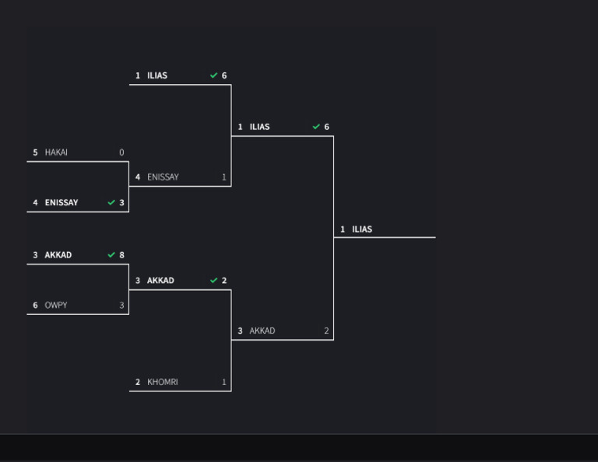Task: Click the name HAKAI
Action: click(56, 152)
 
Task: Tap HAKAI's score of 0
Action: click(121, 152)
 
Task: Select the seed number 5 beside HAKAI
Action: click(35, 152)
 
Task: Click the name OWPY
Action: click(56, 306)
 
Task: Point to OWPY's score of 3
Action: click(121, 306)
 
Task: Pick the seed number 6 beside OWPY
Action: click(35, 306)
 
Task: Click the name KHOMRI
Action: click(162, 382)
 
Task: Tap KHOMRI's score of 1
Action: click(224, 382)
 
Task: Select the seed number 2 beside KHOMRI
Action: click(138, 382)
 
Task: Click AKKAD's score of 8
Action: click(121, 255)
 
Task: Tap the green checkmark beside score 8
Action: click(111, 255)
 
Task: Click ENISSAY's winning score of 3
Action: click(121, 203)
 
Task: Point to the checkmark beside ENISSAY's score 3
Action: click(111, 203)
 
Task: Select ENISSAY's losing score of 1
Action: click(224, 177)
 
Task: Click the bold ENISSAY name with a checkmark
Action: click(62, 203)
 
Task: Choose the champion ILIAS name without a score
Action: click(362, 229)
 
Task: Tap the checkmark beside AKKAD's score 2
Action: click(214, 281)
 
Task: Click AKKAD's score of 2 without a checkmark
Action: click(326, 331)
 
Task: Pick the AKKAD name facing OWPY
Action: click(58, 255)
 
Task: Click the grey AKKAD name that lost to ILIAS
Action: click(262, 331)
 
